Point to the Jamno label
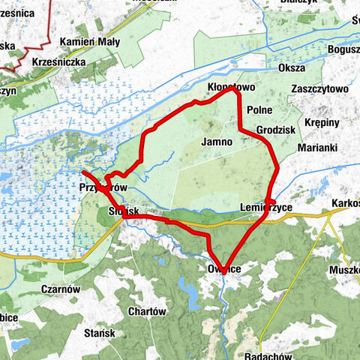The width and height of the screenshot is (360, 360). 214,141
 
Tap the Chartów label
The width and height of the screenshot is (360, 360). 146,311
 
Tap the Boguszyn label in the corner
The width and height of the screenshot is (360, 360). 343,49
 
